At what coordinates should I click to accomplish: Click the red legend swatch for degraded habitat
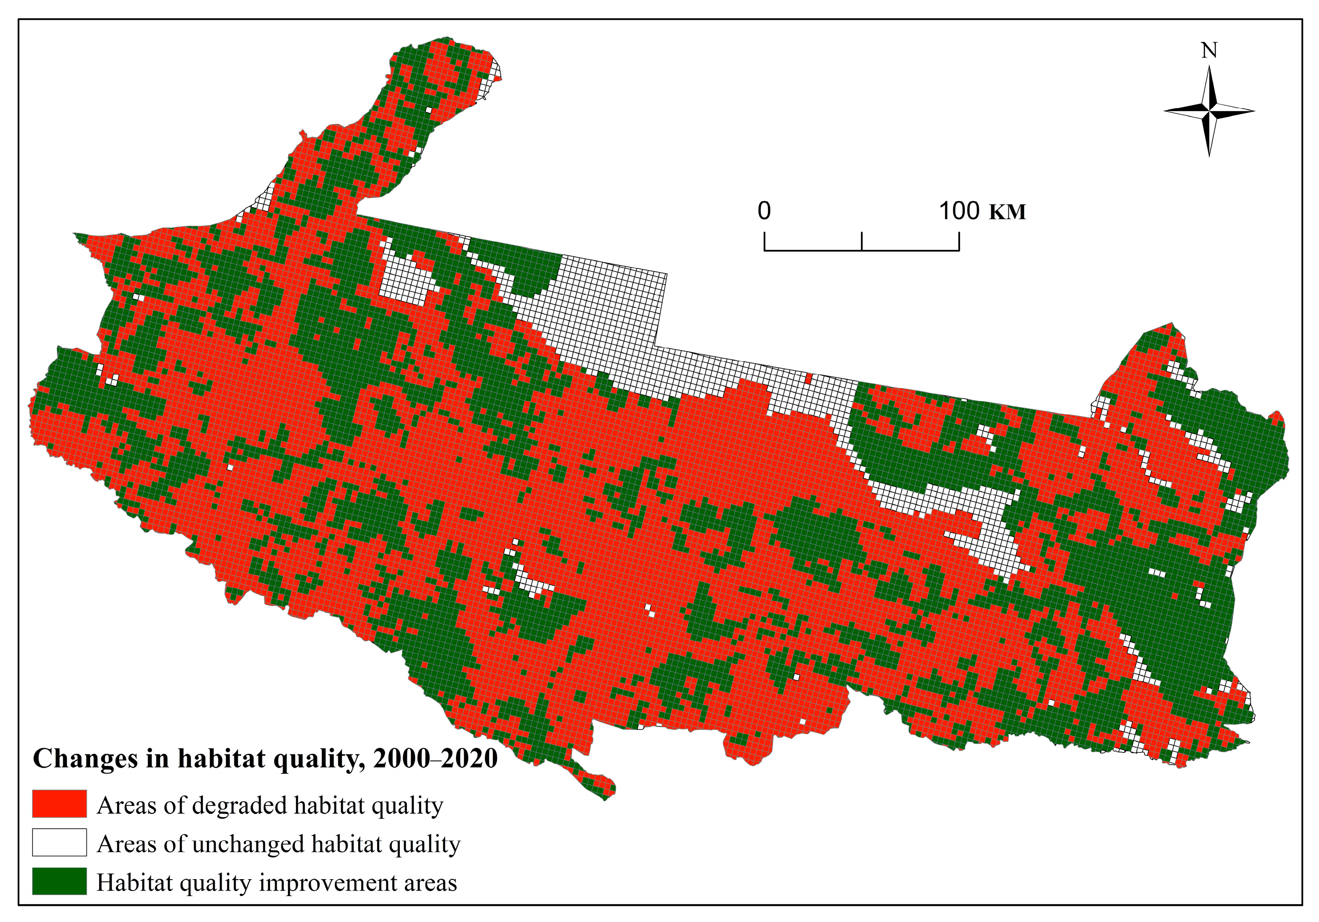click(59, 804)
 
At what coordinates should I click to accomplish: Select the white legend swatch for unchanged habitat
click(59, 842)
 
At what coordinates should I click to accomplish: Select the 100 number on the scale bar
click(960, 211)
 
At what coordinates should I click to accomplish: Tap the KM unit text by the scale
click(1007, 212)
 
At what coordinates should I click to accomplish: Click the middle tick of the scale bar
click(862, 241)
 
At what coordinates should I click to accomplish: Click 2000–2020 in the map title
click(435, 759)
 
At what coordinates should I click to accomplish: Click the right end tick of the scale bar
click(959, 241)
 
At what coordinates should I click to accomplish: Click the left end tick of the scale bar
click(764, 241)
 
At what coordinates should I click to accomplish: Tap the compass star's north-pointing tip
click(1209, 68)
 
